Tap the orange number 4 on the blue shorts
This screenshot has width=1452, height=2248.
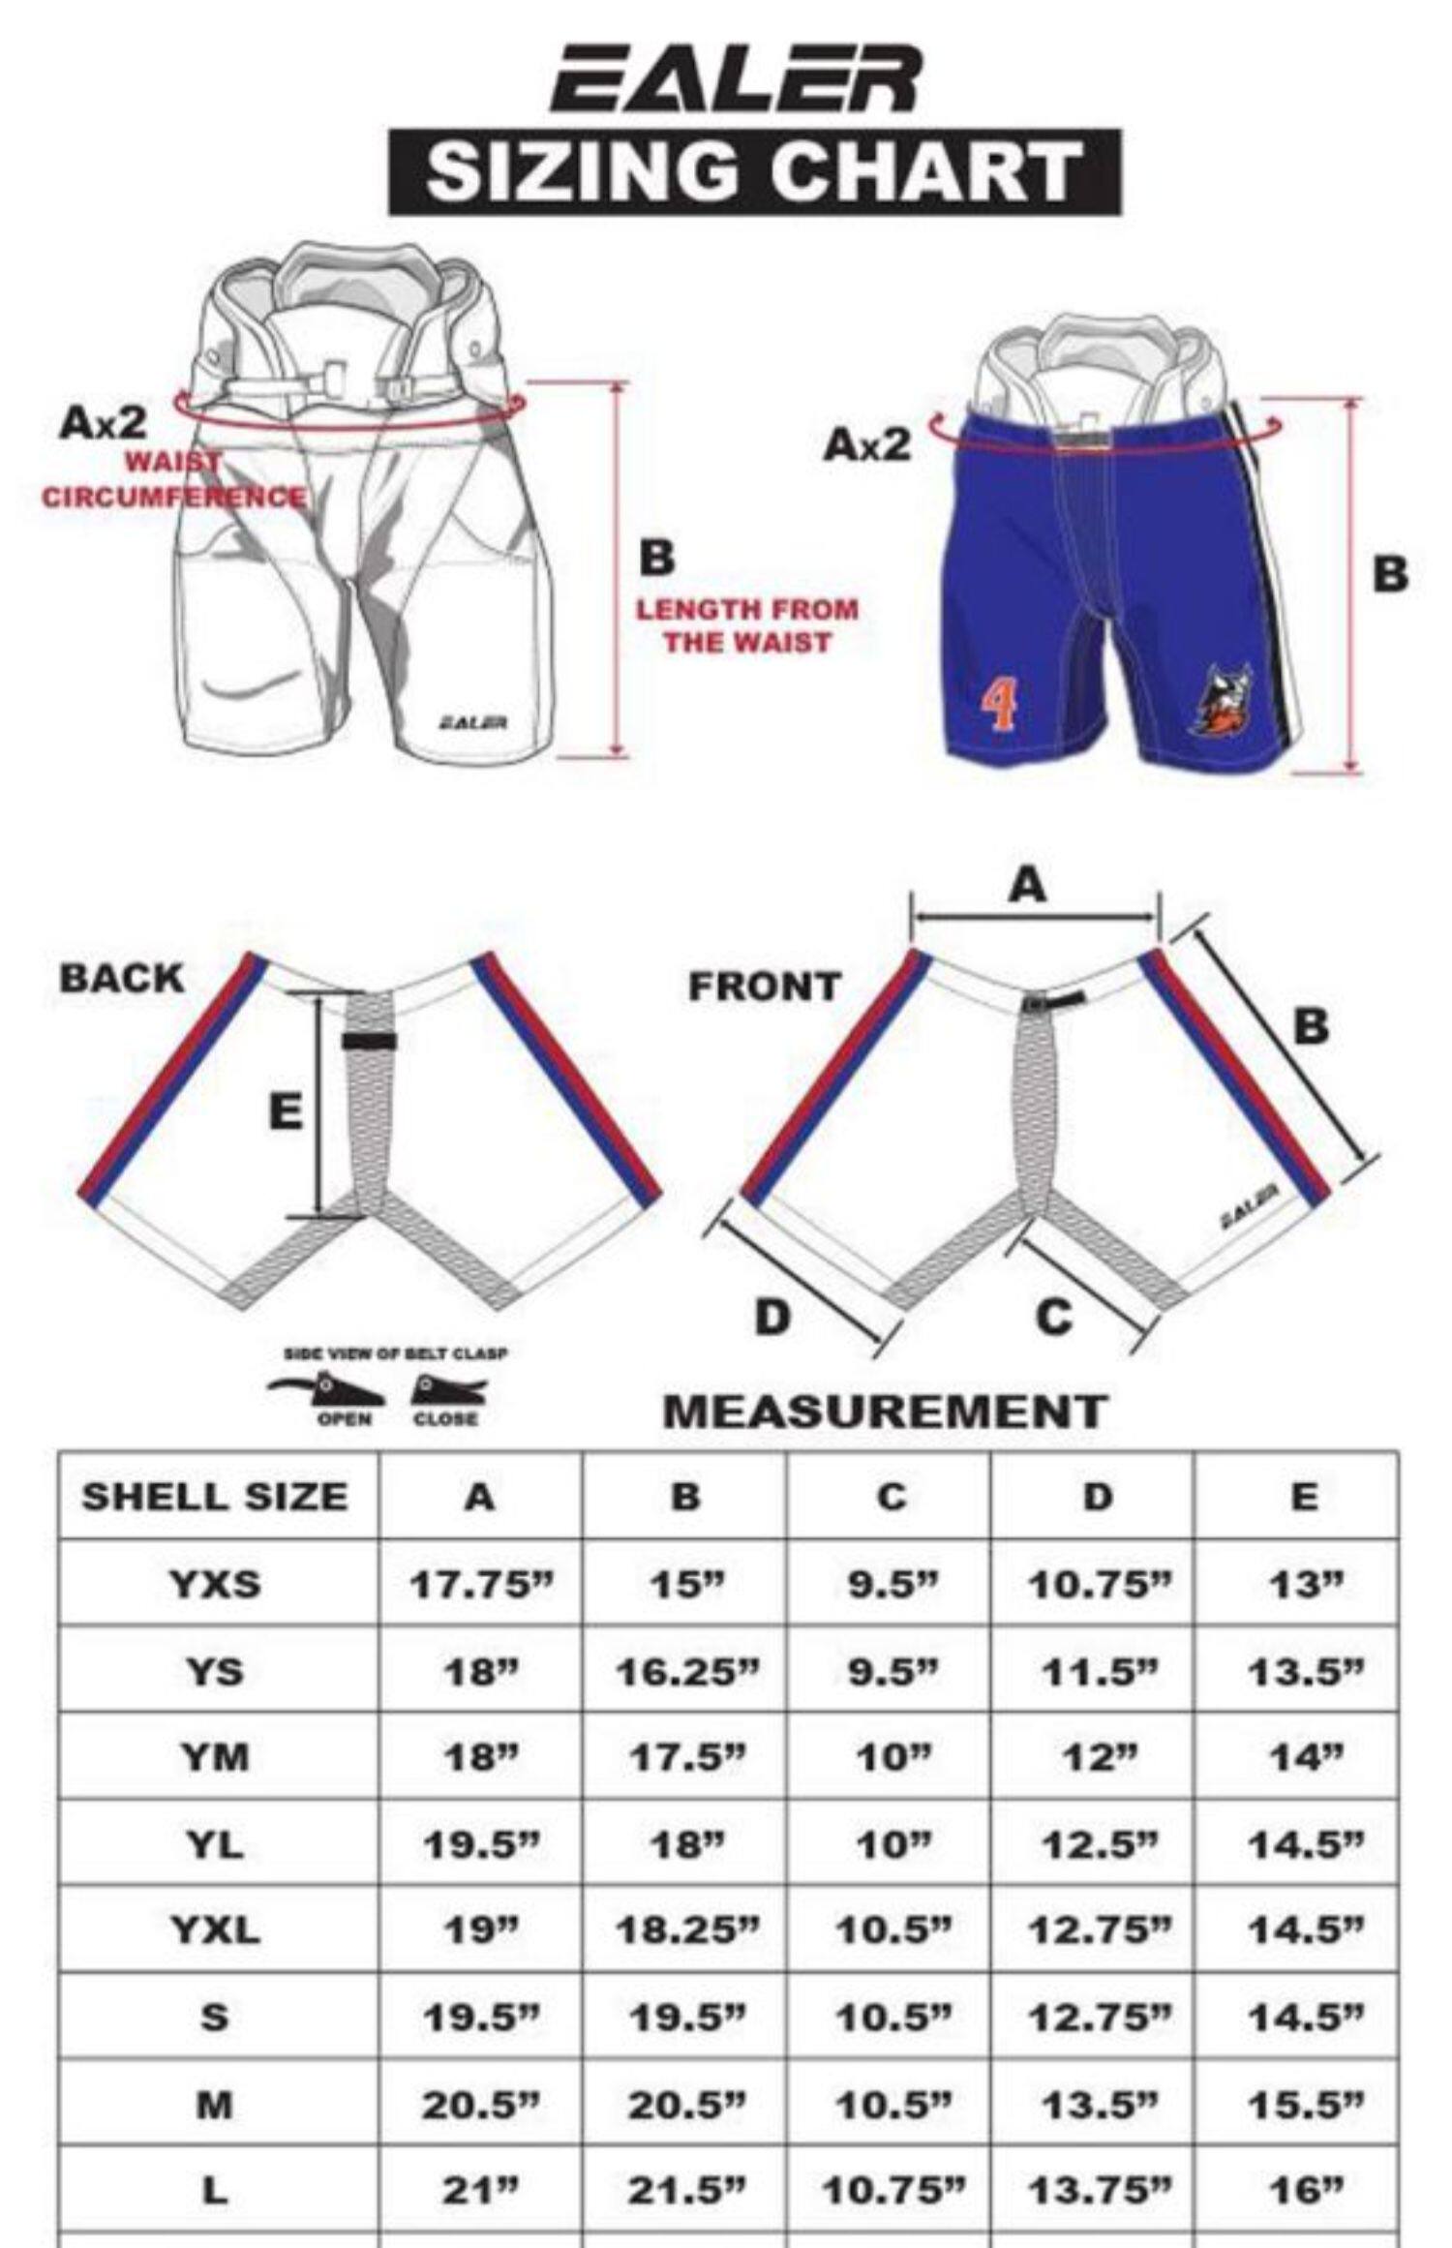(1000, 706)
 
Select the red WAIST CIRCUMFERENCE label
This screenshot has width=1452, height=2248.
(174, 481)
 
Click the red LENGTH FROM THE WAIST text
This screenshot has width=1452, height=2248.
(746, 625)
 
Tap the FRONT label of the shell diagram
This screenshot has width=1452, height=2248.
(764, 987)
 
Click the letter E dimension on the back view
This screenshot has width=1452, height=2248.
(285, 1111)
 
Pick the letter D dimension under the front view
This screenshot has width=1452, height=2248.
(771, 1317)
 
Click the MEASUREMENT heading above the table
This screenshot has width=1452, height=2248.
(884, 1411)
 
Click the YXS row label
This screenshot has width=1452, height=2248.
(215, 1585)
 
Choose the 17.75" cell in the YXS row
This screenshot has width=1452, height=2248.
(480, 1585)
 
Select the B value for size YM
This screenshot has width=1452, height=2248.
(684, 1757)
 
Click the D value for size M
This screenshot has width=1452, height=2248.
(1098, 2103)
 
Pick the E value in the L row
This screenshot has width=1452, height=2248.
(1304, 2190)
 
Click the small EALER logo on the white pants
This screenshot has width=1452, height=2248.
(473, 722)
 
